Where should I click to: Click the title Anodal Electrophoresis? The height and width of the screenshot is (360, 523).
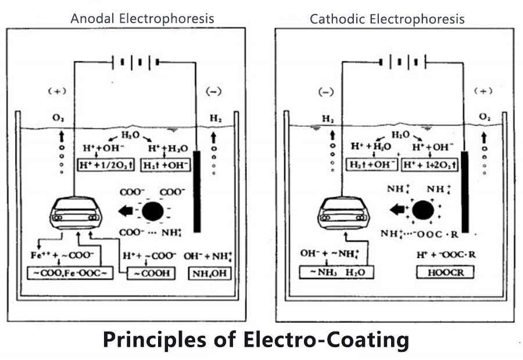tap(142, 19)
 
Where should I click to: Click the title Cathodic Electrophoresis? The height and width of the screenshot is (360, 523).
tap(387, 19)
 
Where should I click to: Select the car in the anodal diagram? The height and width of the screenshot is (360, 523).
tap(77, 213)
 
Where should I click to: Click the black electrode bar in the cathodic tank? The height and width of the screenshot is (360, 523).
tap(465, 192)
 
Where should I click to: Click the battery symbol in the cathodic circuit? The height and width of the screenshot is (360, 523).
tap(402, 61)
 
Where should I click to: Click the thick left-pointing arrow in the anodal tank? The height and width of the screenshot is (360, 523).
tap(126, 211)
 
